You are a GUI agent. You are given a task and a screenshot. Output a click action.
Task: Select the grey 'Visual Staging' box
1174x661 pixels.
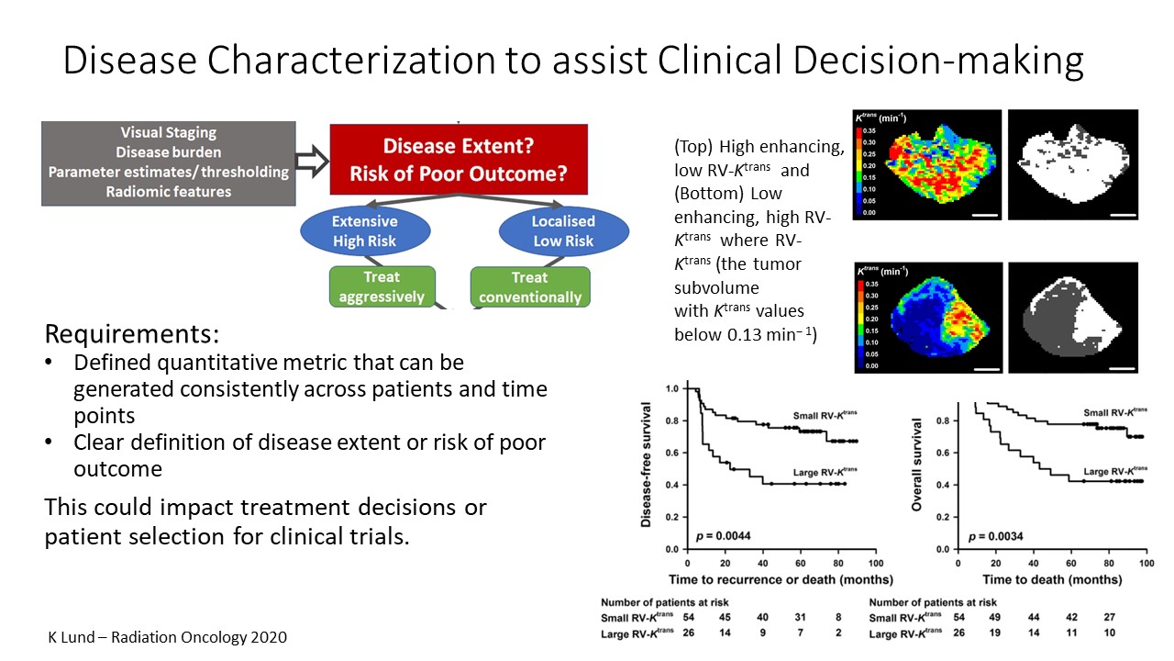(x=169, y=162)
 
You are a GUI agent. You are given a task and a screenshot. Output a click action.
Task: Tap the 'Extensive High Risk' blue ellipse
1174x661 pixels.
(x=365, y=231)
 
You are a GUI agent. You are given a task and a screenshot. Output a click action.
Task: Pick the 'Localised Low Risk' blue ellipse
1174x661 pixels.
(x=563, y=231)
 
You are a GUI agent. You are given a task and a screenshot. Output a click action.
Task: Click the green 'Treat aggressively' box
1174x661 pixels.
(x=382, y=286)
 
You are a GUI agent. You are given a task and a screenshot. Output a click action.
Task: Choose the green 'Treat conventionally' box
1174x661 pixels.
(x=530, y=286)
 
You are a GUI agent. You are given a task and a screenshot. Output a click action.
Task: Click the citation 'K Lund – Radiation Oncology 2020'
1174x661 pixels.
(x=168, y=636)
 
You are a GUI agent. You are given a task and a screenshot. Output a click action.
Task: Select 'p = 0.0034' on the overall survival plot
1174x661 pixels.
(x=995, y=535)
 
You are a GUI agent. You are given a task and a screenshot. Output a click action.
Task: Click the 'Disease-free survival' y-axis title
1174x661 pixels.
(x=648, y=465)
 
